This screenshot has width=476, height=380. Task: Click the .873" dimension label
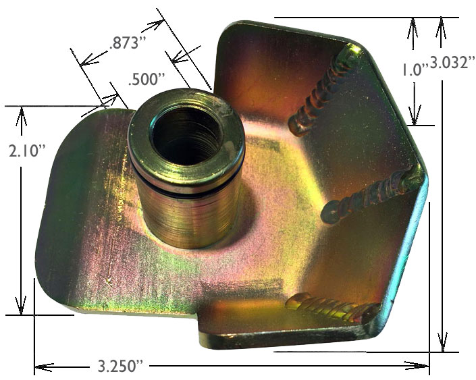(x=124, y=43)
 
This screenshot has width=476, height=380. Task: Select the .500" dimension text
(x=147, y=80)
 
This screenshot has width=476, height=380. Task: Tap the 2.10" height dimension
(x=27, y=151)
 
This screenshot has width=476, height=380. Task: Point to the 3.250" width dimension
(x=120, y=366)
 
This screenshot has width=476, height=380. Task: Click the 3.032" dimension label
(x=452, y=63)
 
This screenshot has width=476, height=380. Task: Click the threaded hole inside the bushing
(x=186, y=135)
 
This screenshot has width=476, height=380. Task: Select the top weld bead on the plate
(x=324, y=91)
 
